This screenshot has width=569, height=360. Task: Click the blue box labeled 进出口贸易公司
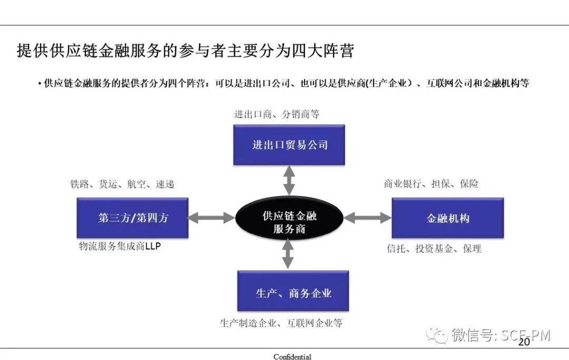(x=289, y=144)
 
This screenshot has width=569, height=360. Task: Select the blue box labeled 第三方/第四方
(x=132, y=218)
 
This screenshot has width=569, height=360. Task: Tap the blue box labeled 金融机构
(x=447, y=218)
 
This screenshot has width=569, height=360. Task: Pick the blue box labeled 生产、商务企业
(x=293, y=291)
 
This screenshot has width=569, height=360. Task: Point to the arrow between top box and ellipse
(x=289, y=180)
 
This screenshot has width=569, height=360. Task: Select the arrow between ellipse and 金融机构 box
(x=367, y=217)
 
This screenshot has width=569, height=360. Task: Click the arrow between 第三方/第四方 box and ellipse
(x=211, y=217)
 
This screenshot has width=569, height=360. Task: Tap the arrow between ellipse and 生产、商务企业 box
(x=288, y=255)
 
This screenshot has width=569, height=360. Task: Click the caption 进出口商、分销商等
(x=277, y=114)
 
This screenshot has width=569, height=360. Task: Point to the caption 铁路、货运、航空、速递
(x=122, y=184)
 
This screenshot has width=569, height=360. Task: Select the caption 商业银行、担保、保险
(x=431, y=184)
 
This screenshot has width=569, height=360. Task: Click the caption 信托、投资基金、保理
(x=434, y=249)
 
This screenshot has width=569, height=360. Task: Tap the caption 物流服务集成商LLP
(x=120, y=246)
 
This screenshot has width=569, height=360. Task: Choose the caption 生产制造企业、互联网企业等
(x=281, y=323)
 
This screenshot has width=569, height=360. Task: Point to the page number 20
(x=524, y=342)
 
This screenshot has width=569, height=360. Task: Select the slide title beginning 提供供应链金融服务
(x=185, y=51)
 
